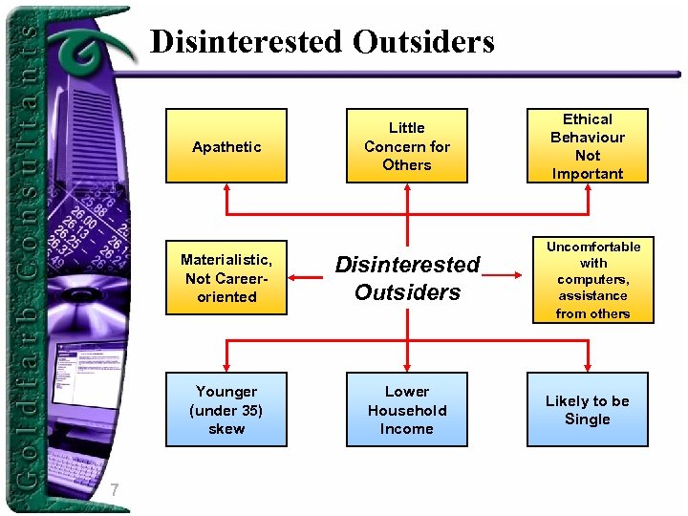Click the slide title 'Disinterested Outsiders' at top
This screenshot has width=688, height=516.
click(322, 42)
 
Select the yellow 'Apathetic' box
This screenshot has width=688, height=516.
click(226, 146)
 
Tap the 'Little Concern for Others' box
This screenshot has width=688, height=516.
click(407, 146)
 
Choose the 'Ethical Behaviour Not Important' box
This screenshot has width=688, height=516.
click(588, 146)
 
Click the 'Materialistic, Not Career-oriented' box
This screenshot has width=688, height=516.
click(226, 278)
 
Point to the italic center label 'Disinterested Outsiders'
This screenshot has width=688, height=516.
click(407, 278)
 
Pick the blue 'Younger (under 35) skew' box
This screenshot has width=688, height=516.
click(226, 410)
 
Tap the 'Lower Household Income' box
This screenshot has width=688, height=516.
click(407, 410)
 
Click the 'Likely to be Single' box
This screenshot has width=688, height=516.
click(588, 410)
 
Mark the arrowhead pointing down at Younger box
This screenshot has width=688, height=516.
click(226, 367)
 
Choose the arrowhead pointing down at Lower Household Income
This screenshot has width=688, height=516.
click(407, 367)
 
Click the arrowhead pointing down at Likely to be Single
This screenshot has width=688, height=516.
click(588, 367)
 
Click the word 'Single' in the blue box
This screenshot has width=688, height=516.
click(588, 419)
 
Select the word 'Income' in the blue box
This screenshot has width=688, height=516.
click(407, 429)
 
